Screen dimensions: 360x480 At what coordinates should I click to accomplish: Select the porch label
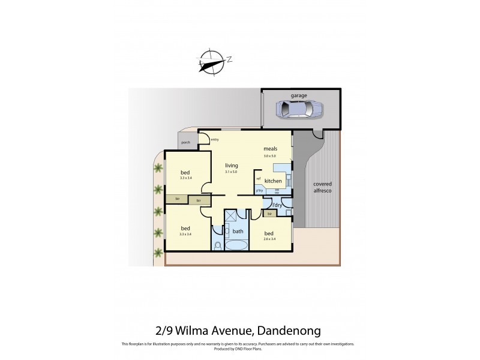(185, 143)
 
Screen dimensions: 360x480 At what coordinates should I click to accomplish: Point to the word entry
(215, 140)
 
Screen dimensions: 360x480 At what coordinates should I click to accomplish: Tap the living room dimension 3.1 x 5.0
(231, 172)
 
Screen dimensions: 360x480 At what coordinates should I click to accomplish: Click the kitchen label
(274, 181)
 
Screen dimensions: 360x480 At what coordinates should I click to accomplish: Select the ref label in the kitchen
(259, 179)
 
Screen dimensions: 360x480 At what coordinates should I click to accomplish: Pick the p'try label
(259, 191)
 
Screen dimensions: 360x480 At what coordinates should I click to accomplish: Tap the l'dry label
(277, 205)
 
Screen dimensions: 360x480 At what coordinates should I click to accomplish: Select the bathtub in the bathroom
(238, 246)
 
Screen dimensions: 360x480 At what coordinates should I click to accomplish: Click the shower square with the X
(231, 217)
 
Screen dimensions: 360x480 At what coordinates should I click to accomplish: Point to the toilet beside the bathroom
(217, 245)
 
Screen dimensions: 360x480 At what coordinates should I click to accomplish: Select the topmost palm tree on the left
(158, 168)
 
